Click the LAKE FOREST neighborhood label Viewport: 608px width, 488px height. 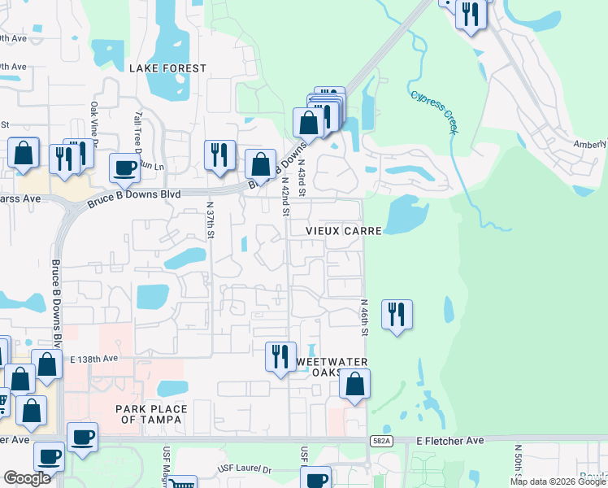[167, 68]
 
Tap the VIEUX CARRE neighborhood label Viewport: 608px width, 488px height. [344, 231]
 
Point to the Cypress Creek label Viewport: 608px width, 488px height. [436, 111]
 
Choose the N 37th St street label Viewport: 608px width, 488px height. [210, 220]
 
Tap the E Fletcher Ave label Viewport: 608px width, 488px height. [449, 440]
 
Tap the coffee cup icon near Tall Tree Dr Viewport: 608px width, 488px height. [125, 168]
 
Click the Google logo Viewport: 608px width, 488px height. [27, 479]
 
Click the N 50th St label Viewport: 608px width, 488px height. [517, 460]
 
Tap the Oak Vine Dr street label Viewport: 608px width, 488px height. [94, 122]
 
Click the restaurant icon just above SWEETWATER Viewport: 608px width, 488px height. [280, 356]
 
